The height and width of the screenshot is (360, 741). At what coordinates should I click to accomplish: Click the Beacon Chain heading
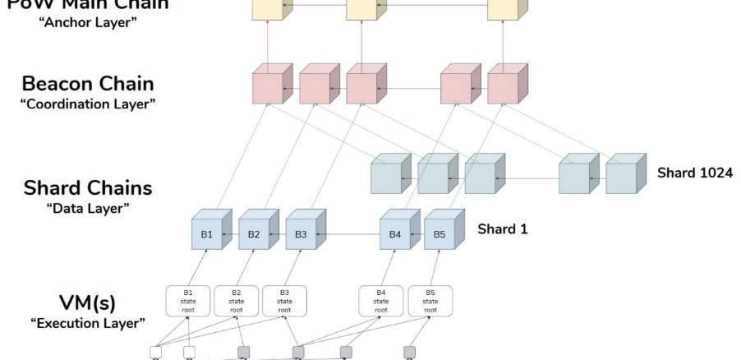pos(88,83)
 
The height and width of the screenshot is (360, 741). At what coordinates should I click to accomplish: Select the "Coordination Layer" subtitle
pos(87,104)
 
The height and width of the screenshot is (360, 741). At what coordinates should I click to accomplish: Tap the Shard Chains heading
pos(88,187)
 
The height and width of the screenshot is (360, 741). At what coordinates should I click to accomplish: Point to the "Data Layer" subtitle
pos(88,208)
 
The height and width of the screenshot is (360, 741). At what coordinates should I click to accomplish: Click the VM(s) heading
pos(88,302)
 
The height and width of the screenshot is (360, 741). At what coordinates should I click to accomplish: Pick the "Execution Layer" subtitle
pos(88,323)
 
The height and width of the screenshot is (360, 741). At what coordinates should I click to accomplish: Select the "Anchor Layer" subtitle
pos(88,21)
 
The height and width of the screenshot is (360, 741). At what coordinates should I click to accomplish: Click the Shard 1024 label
pos(695,173)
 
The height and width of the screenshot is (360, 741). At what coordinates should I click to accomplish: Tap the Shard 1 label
pos(502,228)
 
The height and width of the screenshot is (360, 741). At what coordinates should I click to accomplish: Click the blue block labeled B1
pos(206,234)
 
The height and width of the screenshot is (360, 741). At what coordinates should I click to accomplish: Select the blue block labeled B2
pos(254,234)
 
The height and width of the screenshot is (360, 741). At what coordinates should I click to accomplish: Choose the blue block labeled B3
pos(301,234)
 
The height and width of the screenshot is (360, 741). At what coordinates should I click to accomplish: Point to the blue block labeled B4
pos(394,234)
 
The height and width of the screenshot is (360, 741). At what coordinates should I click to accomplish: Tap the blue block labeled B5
pos(440,234)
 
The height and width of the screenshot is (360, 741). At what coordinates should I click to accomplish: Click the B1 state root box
pos(188,301)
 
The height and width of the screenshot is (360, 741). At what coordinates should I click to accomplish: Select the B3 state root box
pos(284,301)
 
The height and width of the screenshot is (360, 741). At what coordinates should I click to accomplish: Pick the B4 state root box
pos(381,301)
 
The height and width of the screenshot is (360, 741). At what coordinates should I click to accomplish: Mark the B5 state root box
pos(430,301)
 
